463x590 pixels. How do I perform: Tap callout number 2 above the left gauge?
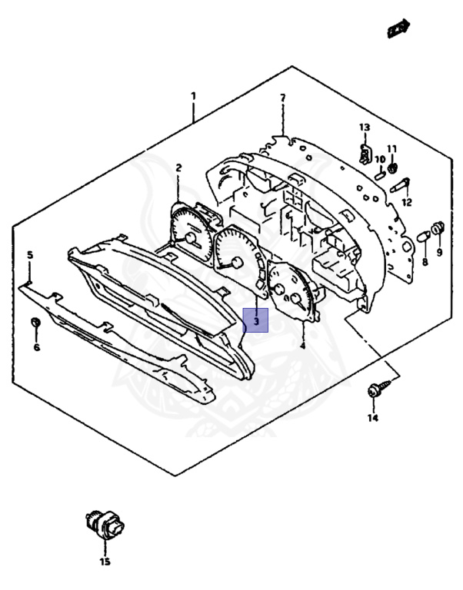(178, 167)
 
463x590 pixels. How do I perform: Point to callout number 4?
(302, 346)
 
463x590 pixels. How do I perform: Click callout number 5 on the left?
(30, 254)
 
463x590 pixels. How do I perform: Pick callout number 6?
(36, 347)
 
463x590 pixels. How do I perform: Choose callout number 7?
(282, 98)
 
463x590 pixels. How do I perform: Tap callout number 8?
(424, 262)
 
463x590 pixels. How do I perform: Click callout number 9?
(439, 252)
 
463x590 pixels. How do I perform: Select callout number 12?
(407, 203)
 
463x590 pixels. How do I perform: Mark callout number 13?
(364, 127)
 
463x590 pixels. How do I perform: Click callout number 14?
(373, 418)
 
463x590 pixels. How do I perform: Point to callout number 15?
(105, 562)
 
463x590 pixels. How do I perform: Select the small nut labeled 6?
(35, 322)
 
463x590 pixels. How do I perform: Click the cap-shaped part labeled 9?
(438, 227)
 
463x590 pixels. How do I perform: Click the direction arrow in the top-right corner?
(398, 28)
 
